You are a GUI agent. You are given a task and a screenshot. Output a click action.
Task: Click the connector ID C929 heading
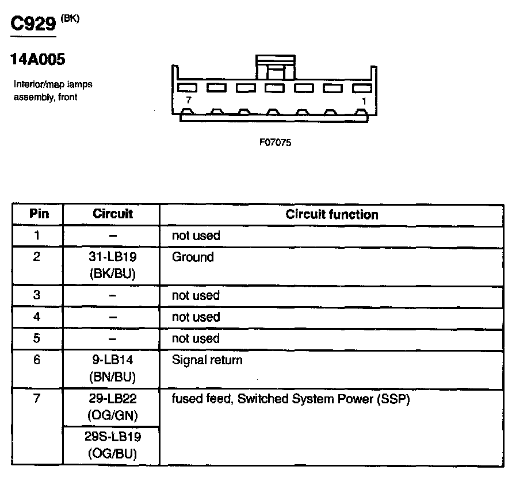coord(34,24)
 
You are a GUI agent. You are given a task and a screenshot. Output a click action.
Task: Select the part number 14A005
coord(38,60)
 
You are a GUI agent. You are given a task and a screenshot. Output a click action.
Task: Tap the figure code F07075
coord(275,142)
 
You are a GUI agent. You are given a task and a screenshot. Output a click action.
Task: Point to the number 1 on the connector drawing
coord(364,101)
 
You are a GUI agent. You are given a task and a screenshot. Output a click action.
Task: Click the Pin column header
coord(39,214)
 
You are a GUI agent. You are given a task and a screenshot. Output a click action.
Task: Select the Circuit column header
coord(112,214)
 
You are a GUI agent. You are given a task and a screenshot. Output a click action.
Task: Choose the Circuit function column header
coord(332,215)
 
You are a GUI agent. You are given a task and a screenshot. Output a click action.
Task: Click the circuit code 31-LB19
coord(112,257)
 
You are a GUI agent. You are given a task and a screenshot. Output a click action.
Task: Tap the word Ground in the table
coord(193,257)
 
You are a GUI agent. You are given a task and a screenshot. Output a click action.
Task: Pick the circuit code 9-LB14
coord(112,361)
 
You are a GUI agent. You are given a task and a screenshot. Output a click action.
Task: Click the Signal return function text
coord(207,361)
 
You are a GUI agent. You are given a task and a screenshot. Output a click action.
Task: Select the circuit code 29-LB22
coord(112,399)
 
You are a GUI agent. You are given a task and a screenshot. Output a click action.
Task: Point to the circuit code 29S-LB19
coord(112,437)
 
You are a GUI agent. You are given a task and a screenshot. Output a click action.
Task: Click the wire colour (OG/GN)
coord(112,415)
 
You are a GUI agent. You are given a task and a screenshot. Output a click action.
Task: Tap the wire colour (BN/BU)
coord(112,377)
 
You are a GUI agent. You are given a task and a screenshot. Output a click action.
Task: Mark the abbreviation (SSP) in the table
coord(393,399)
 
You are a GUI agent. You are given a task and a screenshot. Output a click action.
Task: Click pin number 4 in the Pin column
coord(37,317)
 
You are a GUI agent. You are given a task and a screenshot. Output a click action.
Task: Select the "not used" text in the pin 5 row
coord(196,338)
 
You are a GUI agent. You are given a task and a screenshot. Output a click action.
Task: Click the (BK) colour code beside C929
coord(70,18)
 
